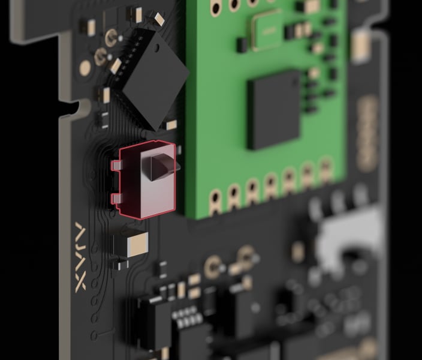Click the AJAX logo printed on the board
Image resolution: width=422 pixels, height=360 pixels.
click(x=81, y=257)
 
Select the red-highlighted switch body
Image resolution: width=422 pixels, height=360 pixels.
click(x=147, y=179)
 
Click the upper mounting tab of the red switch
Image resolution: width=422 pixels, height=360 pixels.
click(x=116, y=165)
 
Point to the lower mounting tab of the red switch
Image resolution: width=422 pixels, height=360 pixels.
click(x=116, y=199)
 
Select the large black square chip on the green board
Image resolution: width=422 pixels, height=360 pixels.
click(x=274, y=110)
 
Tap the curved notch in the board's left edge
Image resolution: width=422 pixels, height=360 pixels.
click(x=80, y=107)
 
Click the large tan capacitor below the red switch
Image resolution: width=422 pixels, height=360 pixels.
click(x=137, y=244)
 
